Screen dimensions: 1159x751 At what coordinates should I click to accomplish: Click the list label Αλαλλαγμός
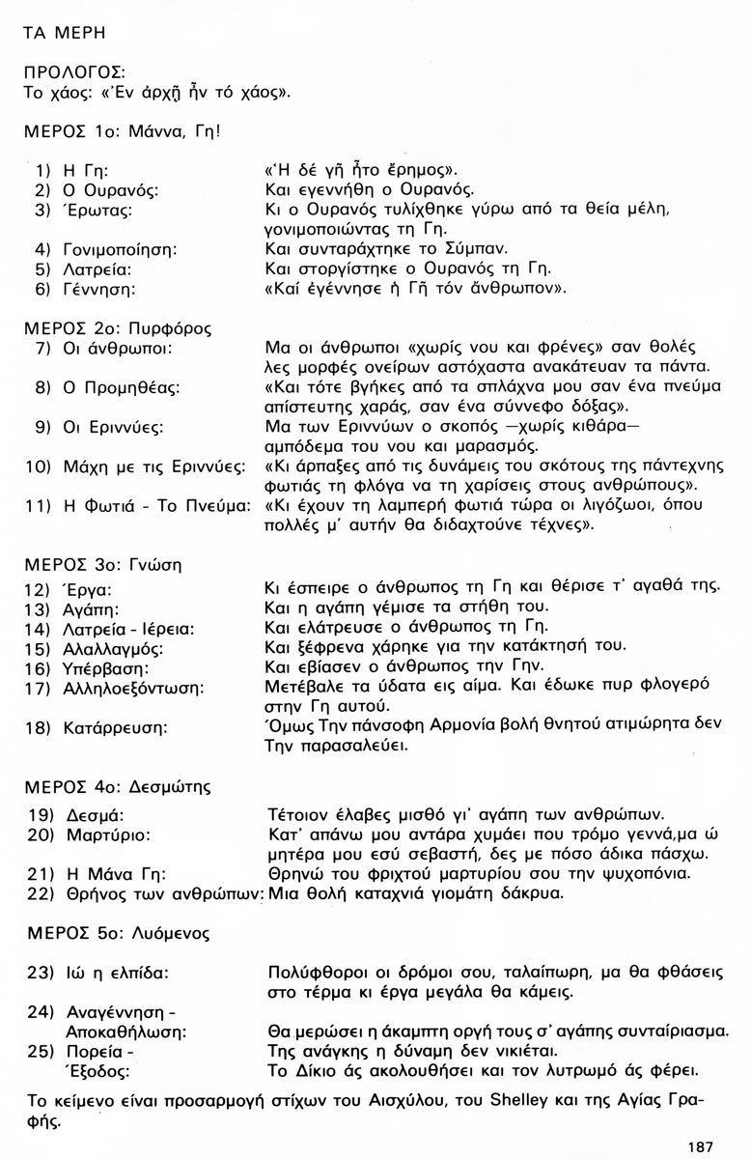pyautogui.click(x=114, y=648)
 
